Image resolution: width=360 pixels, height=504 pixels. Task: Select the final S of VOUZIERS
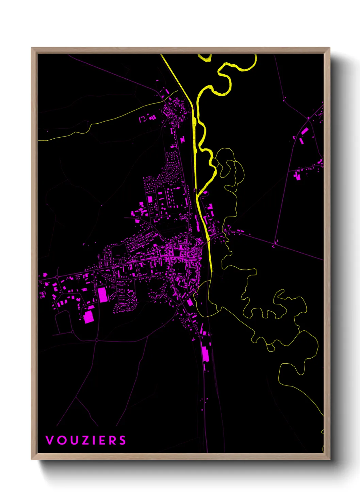pos(122,440)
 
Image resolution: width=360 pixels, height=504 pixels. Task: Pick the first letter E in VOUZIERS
pos(102,440)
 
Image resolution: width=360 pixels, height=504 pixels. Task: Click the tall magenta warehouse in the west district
pos(102,295)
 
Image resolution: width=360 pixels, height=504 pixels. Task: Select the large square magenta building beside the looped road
pos(88,317)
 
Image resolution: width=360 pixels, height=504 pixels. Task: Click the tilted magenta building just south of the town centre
pos(190,302)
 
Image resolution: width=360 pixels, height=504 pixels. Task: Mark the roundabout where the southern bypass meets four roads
pos(97,340)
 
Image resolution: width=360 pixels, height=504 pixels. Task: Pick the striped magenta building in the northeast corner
pos(305,131)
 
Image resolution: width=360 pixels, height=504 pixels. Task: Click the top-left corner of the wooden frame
pos(32,48)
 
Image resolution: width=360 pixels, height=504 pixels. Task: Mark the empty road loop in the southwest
pos(63,322)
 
